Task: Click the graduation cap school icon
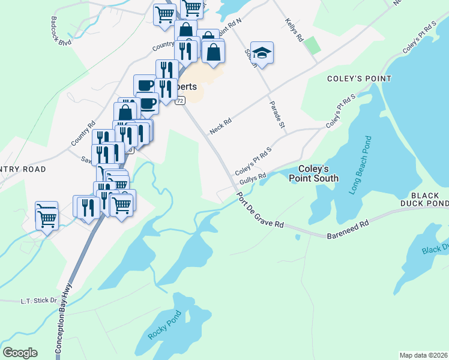coord(262,53)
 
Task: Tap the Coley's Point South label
coord(313,173)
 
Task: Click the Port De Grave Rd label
coord(259,211)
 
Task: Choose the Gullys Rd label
coord(252,179)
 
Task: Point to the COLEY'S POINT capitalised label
coord(359,79)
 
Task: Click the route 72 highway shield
coord(179,101)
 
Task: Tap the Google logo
coord(20,352)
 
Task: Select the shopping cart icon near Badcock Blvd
coord(164,13)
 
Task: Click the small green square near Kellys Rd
coord(311,45)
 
